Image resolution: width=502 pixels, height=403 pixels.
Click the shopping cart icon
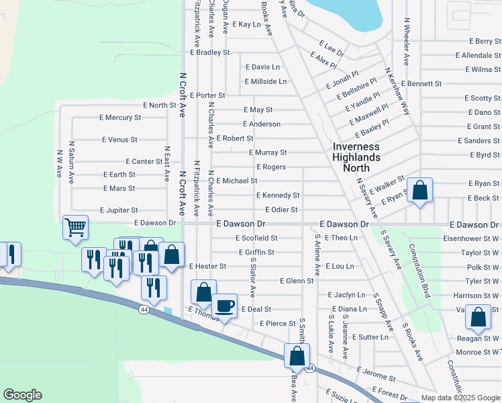75,228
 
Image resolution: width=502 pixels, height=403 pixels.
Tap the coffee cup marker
225,306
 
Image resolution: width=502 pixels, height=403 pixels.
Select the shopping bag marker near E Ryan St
419,190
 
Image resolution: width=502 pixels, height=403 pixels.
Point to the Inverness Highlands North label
356,156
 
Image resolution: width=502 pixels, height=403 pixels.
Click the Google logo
22,395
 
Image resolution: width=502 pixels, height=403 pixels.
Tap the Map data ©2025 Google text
460,398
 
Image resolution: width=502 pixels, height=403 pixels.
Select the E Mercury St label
120,117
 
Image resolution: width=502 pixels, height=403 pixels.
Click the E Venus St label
119,140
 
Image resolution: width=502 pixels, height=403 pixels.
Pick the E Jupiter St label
119,210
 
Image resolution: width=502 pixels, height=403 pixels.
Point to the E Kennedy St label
278,195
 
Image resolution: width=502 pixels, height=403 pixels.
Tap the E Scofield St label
256,238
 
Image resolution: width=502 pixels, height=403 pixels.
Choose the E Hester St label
208,267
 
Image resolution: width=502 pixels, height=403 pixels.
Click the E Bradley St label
210,52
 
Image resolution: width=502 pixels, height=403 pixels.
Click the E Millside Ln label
265,81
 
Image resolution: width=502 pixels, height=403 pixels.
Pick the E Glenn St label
297,281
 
